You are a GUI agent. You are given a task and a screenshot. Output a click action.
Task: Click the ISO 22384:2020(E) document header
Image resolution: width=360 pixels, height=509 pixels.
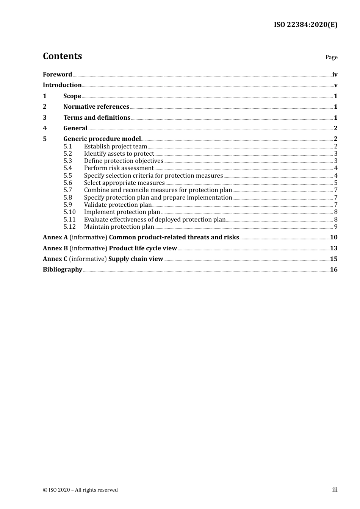(x=305, y=25)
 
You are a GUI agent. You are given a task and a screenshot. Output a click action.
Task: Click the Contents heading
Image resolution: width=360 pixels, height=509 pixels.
(x=62, y=56)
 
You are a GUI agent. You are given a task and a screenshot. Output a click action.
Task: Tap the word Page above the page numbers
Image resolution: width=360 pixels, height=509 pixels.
(x=331, y=57)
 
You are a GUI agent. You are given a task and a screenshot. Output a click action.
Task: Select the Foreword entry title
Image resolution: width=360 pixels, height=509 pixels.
(x=57, y=75)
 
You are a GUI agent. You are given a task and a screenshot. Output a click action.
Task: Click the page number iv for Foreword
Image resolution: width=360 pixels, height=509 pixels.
(x=335, y=75)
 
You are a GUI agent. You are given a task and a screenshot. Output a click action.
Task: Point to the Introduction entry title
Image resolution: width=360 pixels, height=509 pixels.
(x=62, y=85)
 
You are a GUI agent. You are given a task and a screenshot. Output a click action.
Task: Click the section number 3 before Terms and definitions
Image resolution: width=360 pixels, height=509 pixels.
(x=45, y=118)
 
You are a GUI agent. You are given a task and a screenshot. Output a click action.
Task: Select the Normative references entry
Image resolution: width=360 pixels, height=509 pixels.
(x=96, y=107)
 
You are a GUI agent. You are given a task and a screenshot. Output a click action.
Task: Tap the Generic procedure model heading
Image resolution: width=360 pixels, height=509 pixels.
(x=102, y=139)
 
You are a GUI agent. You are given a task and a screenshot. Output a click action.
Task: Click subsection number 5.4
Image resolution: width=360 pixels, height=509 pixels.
(x=68, y=168)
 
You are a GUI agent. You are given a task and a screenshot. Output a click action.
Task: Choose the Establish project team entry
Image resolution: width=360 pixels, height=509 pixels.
(x=115, y=147)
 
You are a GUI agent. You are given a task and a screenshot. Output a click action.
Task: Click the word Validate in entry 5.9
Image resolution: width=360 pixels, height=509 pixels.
(x=95, y=205)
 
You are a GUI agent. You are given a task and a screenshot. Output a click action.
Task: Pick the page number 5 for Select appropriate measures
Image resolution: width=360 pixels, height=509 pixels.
(x=336, y=183)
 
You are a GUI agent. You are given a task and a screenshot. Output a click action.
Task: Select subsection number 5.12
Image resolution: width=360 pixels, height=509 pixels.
(x=70, y=227)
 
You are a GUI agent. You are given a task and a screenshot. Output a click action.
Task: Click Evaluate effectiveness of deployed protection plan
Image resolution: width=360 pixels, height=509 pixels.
(x=155, y=220)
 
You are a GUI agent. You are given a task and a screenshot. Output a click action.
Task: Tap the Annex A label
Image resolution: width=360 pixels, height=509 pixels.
(x=55, y=237)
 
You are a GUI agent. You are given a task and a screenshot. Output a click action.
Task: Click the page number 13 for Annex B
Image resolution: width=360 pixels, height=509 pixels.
(x=333, y=248)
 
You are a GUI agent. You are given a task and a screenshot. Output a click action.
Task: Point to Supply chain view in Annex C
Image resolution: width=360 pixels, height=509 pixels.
(x=136, y=259)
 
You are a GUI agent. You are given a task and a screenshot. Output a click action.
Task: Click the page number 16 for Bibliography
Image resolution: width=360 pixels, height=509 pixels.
(x=333, y=270)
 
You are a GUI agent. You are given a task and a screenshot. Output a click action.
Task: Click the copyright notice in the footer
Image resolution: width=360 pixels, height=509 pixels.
(x=80, y=490)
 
